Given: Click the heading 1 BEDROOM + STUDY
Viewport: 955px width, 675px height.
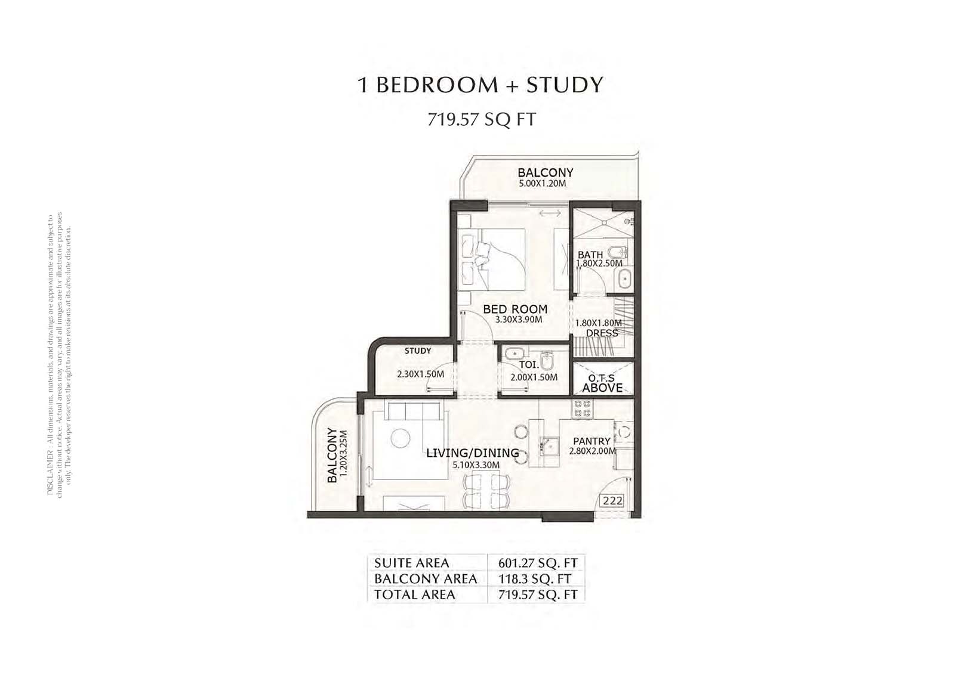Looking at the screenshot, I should pos(480,85).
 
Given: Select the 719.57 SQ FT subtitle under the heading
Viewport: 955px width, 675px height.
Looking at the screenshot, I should pos(481,120).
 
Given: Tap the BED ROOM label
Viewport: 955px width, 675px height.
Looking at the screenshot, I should pos(515,309).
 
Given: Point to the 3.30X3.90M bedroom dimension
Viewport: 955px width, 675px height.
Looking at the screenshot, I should pos(519,320).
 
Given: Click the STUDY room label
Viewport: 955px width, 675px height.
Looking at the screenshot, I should pos(417,351).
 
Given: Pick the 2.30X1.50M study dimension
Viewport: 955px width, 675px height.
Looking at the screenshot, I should pos(421,374).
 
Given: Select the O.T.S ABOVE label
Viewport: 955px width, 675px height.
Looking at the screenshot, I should pos(602,383).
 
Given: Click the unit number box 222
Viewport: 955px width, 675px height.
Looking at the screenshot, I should pos(612,501).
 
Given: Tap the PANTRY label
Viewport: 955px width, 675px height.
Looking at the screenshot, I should pos(592,441).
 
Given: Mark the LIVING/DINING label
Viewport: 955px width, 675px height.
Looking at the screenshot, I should pos(472,453).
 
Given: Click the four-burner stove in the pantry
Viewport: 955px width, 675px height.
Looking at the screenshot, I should pos(583,408).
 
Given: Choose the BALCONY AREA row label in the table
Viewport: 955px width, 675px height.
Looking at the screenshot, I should pos(426,578).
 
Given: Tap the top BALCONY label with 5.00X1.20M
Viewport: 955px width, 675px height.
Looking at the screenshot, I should pos(545,172).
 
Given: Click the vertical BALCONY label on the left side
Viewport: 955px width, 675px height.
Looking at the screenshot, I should pos(332,456).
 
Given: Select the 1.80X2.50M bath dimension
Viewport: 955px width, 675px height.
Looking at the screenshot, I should pos(599,263).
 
